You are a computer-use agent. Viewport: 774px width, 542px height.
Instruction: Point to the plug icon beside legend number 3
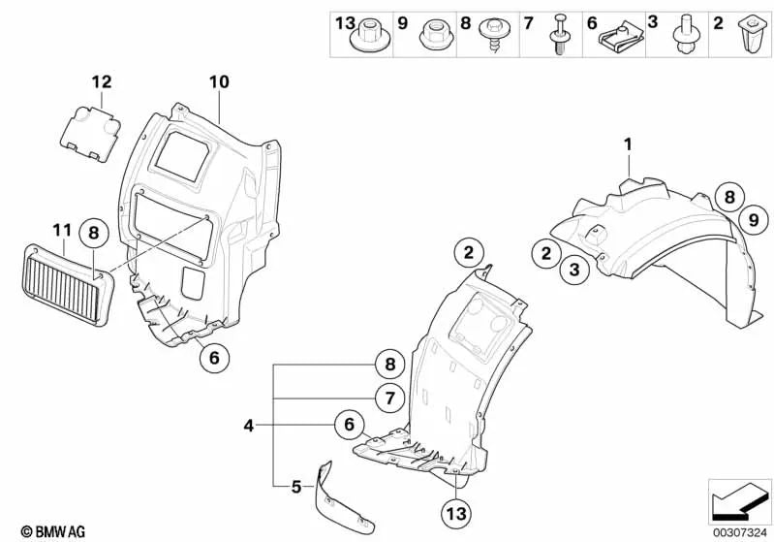coord(685,34)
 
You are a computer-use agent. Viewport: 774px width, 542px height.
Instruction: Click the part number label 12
coord(102,81)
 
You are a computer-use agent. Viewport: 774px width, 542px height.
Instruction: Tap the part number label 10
coord(219,81)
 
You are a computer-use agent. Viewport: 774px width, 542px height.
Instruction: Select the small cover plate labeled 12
coord(89,134)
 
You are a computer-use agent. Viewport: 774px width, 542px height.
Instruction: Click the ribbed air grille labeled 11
coord(68,285)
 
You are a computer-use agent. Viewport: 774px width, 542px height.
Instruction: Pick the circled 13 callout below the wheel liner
coord(455,513)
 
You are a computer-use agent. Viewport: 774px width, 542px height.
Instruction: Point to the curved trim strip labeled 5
coord(341,499)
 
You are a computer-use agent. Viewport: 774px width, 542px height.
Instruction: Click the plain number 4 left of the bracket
coord(248,425)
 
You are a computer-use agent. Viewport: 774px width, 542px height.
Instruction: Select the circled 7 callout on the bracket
coord(390,398)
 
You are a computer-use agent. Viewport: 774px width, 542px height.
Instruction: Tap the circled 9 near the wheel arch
coord(754,219)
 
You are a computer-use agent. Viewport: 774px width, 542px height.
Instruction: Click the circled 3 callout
coord(574,270)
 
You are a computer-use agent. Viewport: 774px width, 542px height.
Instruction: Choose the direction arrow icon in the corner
coord(738,502)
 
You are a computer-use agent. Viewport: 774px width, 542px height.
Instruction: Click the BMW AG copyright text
coord(53,531)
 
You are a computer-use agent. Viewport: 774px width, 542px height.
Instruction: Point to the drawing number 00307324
coord(739,532)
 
